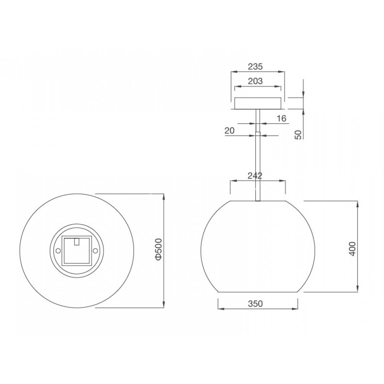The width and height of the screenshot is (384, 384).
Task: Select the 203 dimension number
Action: (255, 81)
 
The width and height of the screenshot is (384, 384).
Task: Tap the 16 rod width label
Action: (281, 118)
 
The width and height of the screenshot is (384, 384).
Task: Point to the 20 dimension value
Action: (230, 131)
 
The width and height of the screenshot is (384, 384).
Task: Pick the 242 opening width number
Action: (255, 175)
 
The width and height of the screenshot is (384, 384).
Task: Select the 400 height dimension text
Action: (353, 249)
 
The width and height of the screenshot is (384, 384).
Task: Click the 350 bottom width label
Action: (255, 304)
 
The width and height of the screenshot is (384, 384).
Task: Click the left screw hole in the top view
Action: (58, 251)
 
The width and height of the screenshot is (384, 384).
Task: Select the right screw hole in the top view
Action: (94, 251)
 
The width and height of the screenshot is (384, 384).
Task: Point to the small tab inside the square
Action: (76, 241)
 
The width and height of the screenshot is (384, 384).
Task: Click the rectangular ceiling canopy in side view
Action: (258, 103)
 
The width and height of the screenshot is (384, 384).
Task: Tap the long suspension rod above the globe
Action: (258, 165)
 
